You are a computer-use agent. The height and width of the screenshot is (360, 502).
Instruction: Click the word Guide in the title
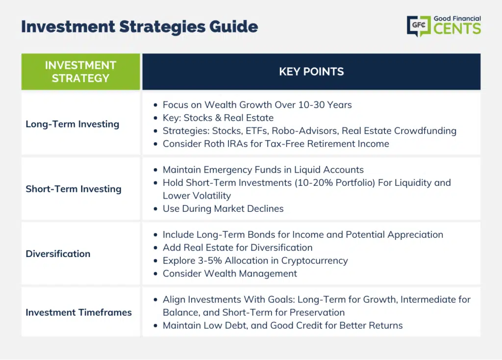pos(234,26)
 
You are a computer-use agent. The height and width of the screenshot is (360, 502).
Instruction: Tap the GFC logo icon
pos(419,26)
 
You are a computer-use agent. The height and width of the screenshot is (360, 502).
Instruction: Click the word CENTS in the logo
pos(457,28)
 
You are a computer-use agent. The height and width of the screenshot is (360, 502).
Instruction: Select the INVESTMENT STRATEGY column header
pos(81,72)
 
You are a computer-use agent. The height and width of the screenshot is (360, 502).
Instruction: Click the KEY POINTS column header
pos(311,72)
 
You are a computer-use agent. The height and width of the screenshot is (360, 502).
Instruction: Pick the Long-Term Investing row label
pos(73,124)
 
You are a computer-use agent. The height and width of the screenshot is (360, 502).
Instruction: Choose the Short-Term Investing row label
pos(74,189)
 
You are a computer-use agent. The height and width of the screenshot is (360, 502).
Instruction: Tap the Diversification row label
pos(58,254)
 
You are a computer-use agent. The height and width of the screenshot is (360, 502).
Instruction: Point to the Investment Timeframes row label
pos(79,312)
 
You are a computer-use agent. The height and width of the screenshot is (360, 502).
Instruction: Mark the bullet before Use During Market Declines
pos(155,209)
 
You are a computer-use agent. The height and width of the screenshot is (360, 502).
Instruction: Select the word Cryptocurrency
pos(314,261)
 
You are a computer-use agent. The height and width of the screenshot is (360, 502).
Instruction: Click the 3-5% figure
pos(210,261)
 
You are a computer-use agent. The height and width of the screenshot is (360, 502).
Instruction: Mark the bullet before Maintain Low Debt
pos(155,326)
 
